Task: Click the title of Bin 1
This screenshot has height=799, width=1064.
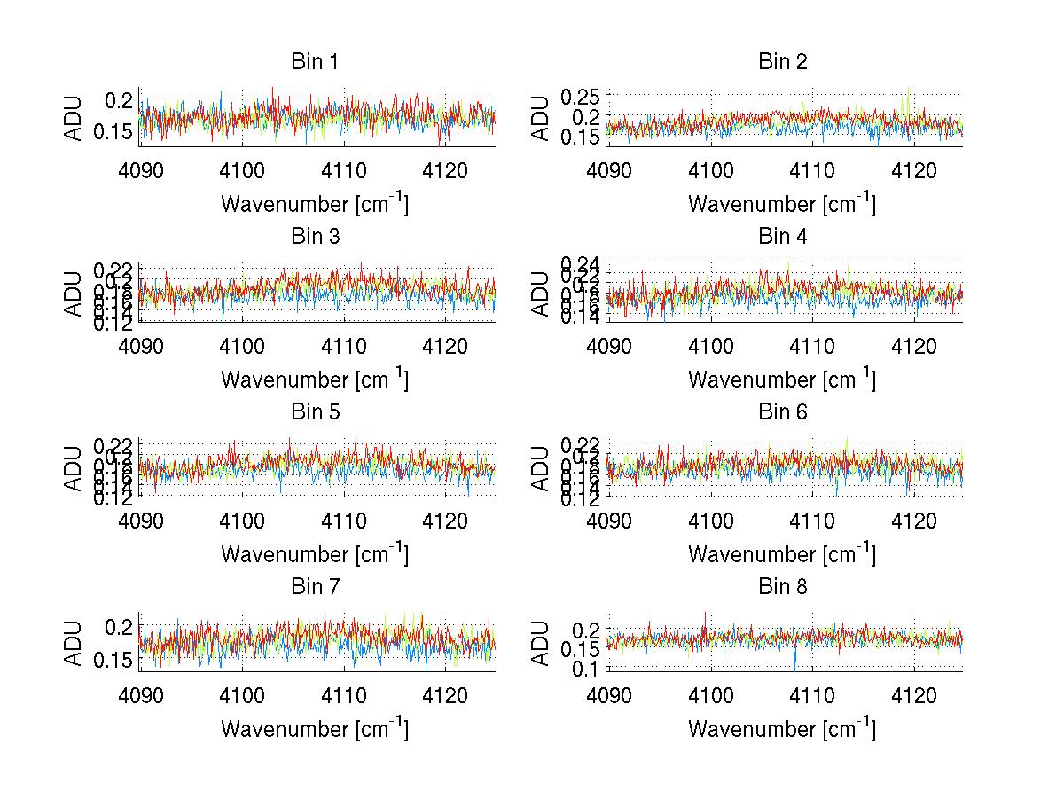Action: tap(315, 62)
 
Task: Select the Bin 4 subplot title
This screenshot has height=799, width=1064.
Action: tap(782, 237)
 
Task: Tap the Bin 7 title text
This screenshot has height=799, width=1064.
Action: tap(315, 586)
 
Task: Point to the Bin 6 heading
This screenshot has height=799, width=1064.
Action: tap(782, 411)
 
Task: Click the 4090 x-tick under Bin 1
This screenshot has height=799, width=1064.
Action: tap(141, 170)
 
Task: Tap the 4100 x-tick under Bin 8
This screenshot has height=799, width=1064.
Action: tap(711, 694)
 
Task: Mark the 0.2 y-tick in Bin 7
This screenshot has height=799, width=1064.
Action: tap(121, 627)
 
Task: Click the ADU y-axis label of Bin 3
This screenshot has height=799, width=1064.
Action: tap(74, 294)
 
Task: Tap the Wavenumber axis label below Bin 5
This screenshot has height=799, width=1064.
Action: tap(315, 553)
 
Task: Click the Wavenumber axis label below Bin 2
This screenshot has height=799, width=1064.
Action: tap(782, 203)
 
